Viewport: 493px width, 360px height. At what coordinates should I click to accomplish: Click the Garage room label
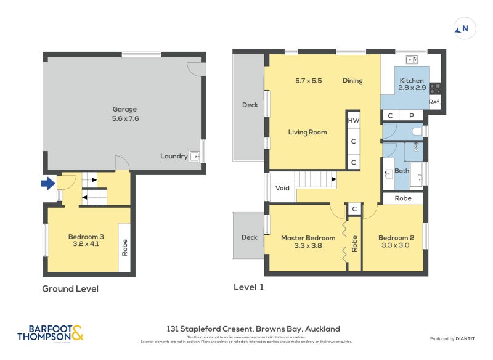click(124, 110)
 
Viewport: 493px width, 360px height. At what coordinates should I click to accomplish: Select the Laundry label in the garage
click(174, 157)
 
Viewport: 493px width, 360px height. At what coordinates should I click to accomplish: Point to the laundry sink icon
click(195, 157)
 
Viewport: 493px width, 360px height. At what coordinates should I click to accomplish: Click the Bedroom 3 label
click(86, 236)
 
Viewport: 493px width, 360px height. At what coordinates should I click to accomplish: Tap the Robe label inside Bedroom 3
click(124, 247)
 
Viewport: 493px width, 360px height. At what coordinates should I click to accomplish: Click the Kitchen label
click(412, 81)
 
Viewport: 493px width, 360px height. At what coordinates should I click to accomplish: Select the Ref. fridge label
click(434, 102)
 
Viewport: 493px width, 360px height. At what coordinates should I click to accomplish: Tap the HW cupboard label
click(353, 121)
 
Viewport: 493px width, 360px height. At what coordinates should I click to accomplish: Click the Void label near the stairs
click(282, 188)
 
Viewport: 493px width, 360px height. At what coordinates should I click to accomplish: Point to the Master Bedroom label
click(308, 238)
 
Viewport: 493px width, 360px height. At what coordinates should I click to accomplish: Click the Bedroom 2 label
click(396, 238)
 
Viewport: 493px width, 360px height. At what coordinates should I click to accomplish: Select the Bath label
click(402, 171)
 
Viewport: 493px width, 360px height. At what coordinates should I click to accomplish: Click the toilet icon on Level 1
click(417, 131)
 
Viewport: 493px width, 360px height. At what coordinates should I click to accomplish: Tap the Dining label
click(352, 81)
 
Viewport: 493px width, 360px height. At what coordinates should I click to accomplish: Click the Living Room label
click(308, 132)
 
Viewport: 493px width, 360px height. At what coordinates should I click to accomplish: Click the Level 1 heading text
click(248, 287)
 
